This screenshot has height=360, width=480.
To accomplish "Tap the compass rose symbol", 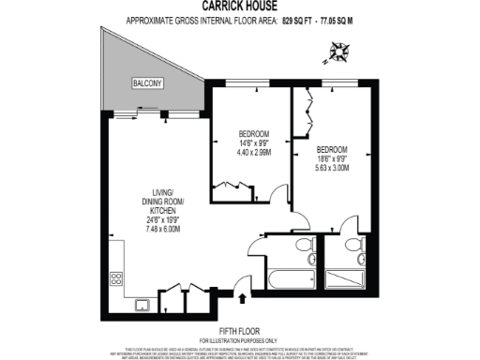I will point(337,55).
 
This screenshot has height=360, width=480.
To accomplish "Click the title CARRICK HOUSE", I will point(239,5).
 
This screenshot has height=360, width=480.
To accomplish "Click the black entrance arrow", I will point(245,299).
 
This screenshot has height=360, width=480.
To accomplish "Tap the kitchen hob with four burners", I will point(118,278).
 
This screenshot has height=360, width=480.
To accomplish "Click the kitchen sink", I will point(142,303).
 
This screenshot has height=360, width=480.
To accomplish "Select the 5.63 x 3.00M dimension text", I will point(333,168).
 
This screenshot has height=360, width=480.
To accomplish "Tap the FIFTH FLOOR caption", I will point(239,330).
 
